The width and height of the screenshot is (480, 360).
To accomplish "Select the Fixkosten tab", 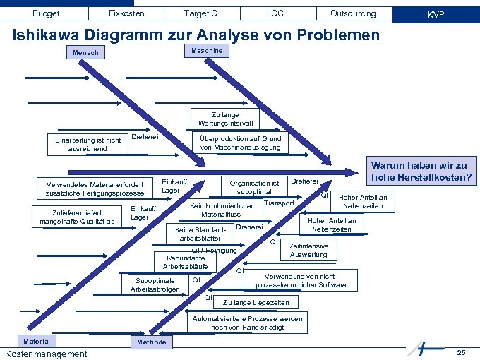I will [x=126, y=13].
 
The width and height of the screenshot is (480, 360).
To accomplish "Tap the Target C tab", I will [x=200, y=13].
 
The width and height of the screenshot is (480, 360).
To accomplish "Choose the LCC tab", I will [x=275, y=13].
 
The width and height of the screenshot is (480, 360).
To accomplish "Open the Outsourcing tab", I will [x=353, y=13].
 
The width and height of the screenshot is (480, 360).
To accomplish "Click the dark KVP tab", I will [x=436, y=14].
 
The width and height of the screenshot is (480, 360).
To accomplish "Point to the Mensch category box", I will [x=86, y=53].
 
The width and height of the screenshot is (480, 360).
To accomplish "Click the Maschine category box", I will [x=207, y=51].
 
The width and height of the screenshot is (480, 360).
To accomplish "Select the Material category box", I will [x=37, y=342].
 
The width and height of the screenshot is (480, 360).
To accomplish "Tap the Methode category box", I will [x=151, y=342].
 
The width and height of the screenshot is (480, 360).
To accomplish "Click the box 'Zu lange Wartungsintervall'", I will [x=225, y=119].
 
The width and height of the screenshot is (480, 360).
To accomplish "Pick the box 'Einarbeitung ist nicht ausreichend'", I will [x=88, y=144].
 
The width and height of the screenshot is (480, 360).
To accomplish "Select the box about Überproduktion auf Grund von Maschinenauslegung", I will [x=241, y=143].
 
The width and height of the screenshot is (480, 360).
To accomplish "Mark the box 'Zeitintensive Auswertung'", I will [x=308, y=250].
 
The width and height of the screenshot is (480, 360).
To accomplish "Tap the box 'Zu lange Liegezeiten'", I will [x=256, y=302].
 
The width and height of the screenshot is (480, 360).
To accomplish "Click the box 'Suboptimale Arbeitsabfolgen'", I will [x=155, y=285].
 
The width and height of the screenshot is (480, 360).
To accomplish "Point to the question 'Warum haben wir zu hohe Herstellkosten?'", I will [x=421, y=171].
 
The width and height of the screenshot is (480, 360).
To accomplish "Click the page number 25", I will [x=461, y=352].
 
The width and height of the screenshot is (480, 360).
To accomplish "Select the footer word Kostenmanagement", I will [x=46, y=354].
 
